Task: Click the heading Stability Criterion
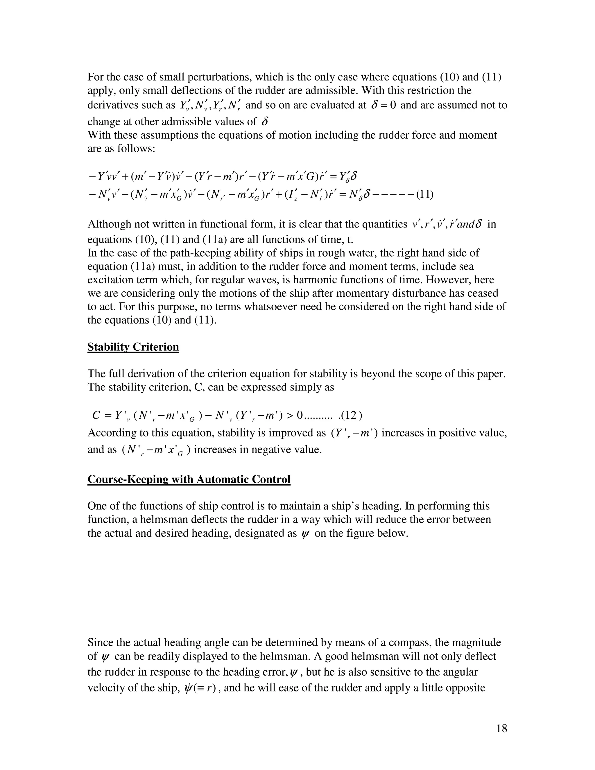click(x=133, y=347)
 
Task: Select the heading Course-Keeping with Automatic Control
click(x=189, y=479)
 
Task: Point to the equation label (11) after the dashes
click(x=425, y=194)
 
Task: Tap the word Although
click(x=108, y=224)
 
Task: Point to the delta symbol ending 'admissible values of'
click(x=265, y=122)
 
